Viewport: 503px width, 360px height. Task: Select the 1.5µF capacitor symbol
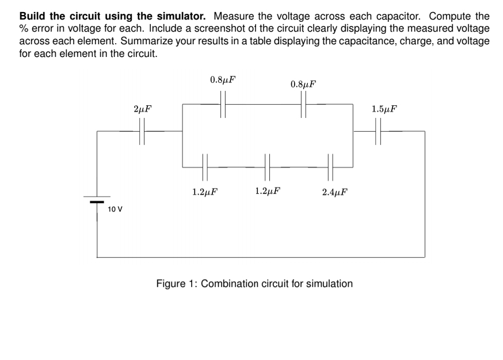(x=378, y=131)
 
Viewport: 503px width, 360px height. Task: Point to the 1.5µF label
(x=384, y=109)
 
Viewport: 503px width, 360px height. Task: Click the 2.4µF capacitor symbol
(x=330, y=167)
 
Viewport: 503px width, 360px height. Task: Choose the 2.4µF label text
(x=334, y=192)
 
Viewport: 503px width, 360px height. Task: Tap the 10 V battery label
(x=115, y=209)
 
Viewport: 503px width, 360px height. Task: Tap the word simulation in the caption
(x=330, y=284)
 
